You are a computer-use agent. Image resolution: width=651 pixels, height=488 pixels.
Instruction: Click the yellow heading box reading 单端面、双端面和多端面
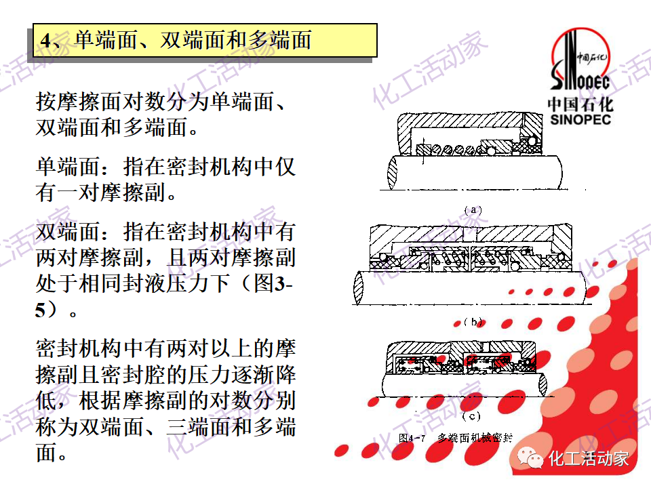[x=205, y=41]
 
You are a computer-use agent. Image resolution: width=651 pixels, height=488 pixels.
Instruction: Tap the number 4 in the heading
[x=45, y=41]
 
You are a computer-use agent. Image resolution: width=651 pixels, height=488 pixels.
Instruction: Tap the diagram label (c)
[x=471, y=415]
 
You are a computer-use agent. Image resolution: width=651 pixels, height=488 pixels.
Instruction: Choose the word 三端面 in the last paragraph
[x=197, y=426]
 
